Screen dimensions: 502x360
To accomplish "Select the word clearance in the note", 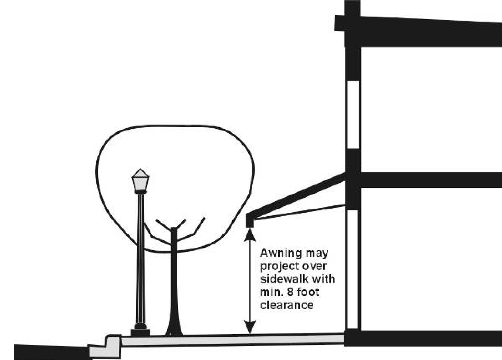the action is pyautogui.click(x=287, y=305).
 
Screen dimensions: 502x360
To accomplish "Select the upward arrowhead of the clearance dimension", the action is pyautogui.click(x=250, y=235).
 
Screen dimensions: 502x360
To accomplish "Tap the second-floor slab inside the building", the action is pyautogui.click(x=431, y=180).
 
